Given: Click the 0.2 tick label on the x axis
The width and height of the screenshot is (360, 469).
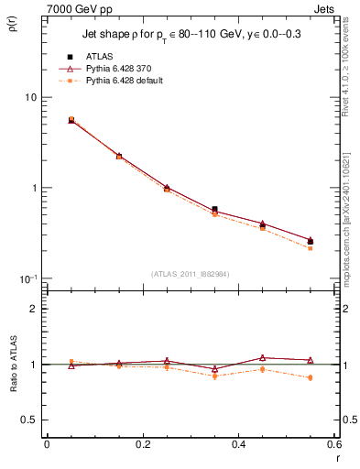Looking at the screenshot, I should [142, 444].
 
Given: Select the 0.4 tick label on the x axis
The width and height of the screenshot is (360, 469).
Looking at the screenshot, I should [238, 444].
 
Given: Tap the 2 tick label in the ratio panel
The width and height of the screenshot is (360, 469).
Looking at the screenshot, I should [34, 309].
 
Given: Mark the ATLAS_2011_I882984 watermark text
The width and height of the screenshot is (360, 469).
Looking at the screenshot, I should [191, 273].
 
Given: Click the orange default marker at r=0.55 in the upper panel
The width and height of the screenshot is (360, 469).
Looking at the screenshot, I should [310, 248].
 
